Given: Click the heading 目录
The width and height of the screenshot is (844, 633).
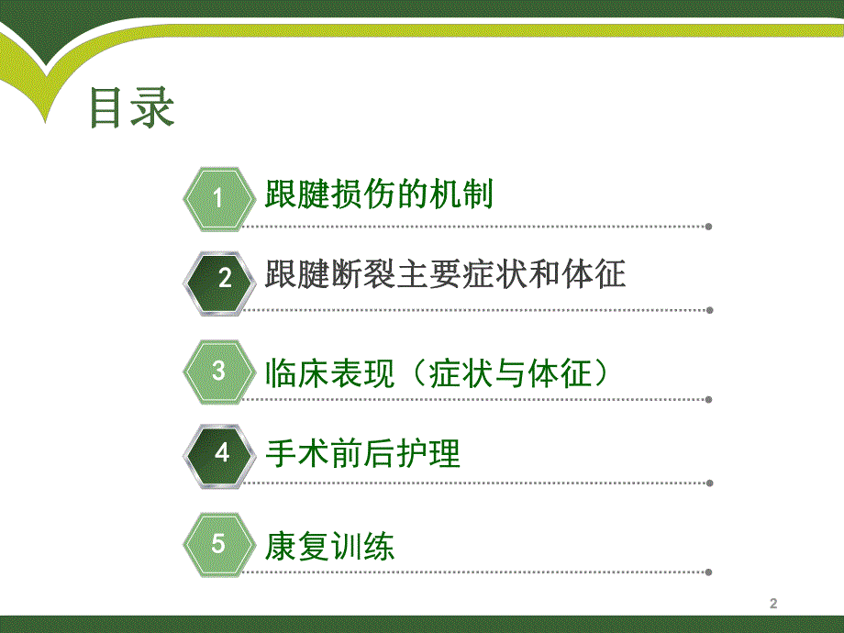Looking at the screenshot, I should click(x=131, y=107).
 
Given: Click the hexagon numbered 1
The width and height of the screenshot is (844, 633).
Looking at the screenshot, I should click(x=218, y=198).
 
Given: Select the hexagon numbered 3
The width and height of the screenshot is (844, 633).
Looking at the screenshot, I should click(x=218, y=372).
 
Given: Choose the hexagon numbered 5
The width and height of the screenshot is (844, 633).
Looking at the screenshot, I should click(x=218, y=543).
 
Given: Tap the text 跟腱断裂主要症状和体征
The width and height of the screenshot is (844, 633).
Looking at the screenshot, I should click(x=445, y=275).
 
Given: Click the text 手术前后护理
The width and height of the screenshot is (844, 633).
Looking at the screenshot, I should click(x=362, y=453).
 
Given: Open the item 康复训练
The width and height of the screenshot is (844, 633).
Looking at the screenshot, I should click(x=329, y=547).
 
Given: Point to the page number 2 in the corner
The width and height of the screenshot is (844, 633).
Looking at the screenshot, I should click(x=772, y=604).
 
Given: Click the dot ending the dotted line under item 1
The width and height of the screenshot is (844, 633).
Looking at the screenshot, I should click(x=709, y=227).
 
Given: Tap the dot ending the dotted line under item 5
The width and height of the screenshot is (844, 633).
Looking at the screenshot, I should click(x=709, y=573).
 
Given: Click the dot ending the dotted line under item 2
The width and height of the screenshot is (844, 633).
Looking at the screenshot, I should click(x=709, y=309).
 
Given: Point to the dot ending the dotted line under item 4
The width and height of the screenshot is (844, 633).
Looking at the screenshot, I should click(x=709, y=483).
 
